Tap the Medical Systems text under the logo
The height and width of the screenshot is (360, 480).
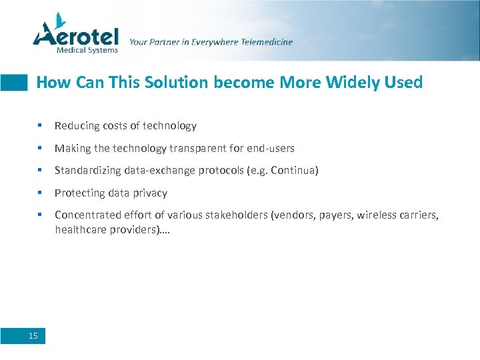pyautogui.click(x=87, y=49)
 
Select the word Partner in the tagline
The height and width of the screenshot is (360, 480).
pyautogui.click(x=164, y=42)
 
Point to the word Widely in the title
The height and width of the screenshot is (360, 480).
pyautogui.click(x=347, y=83)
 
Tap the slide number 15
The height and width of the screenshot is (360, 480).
pyautogui.click(x=33, y=336)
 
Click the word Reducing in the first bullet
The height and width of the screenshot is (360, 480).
pyautogui.click(x=75, y=126)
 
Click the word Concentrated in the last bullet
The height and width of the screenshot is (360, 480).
pyautogui.click(x=83, y=215)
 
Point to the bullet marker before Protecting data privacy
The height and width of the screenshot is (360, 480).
pyautogui.click(x=41, y=193)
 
